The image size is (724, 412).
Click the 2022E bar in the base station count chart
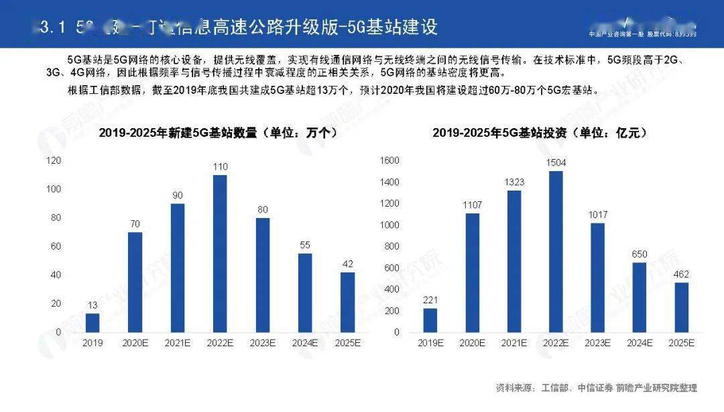[x=219, y=254]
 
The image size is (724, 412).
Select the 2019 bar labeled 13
[x=93, y=323]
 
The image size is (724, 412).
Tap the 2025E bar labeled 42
[x=347, y=302]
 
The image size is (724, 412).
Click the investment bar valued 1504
[x=556, y=252]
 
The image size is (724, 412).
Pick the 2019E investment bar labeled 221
[x=430, y=320]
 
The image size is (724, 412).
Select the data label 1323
[x=514, y=182]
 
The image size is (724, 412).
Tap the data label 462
[x=681, y=274]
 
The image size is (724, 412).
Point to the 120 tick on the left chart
[x=54, y=160]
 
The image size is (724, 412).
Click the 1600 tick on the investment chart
[x=390, y=160]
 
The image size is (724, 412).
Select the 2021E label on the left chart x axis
[x=177, y=342]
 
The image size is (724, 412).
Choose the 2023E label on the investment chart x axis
[x=597, y=342]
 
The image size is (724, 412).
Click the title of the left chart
[x=218, y=133]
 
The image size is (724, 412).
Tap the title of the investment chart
[x=540, y=133]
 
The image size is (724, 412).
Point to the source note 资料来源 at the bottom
[x=596, y=387]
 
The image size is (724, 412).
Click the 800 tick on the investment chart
[x=392, y=246]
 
